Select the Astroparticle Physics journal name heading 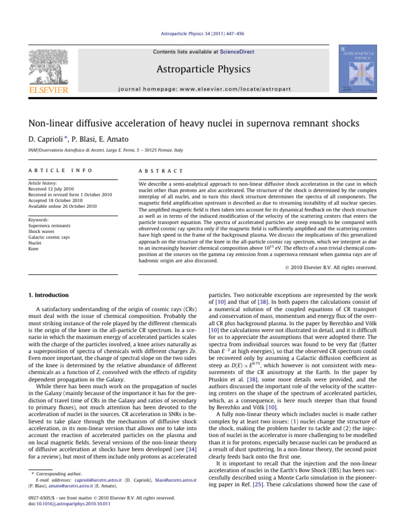199,69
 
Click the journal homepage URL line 199,88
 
